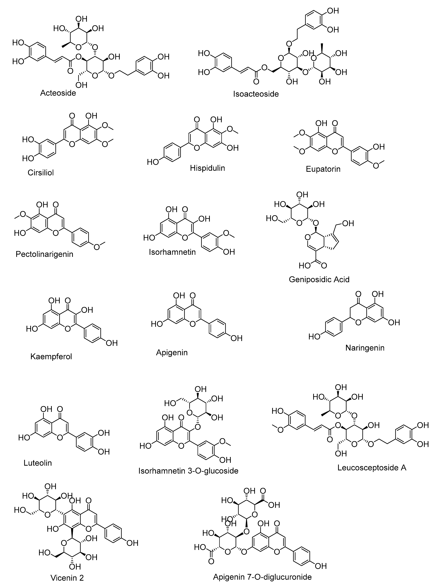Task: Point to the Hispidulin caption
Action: (207, 168)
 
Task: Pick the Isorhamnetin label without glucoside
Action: (173, 252)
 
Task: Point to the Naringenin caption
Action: (365, 348)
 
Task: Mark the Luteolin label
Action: (38, 463)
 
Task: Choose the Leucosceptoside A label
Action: (372, 468)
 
